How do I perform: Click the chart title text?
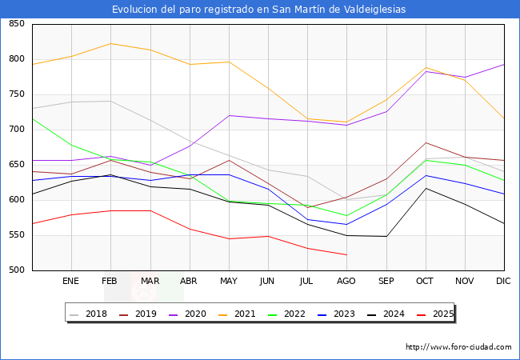tap(259, 10)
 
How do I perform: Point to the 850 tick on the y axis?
tap(16, 24)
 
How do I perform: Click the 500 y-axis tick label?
tap(16, 270)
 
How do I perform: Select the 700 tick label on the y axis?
tap(16, 130)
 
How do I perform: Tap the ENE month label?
tap(71, 282)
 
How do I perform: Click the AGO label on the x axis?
tap(346, 282)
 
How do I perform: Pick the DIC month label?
tap(503, 282)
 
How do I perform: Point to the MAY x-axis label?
tap(228, 282)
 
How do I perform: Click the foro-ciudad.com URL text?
tap(458, 347)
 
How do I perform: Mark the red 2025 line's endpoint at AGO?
tap(346, 254)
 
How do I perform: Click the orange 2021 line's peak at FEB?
tap(110, 43)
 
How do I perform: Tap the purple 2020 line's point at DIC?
tap(503, 64)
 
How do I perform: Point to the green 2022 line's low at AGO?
tap(346, 216)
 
